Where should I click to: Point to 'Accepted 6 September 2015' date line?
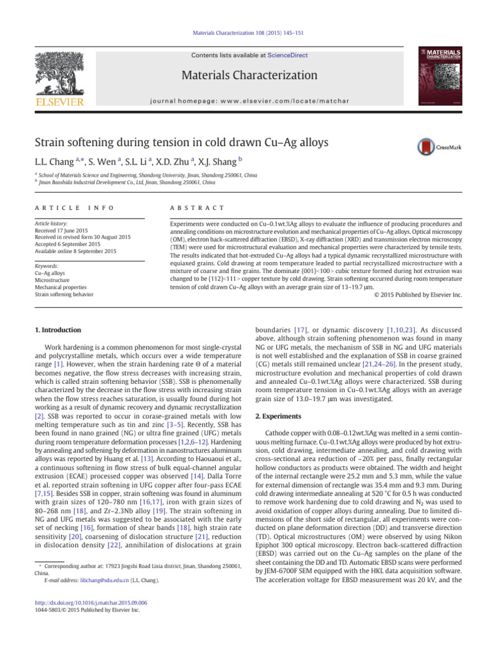pos(70,244)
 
